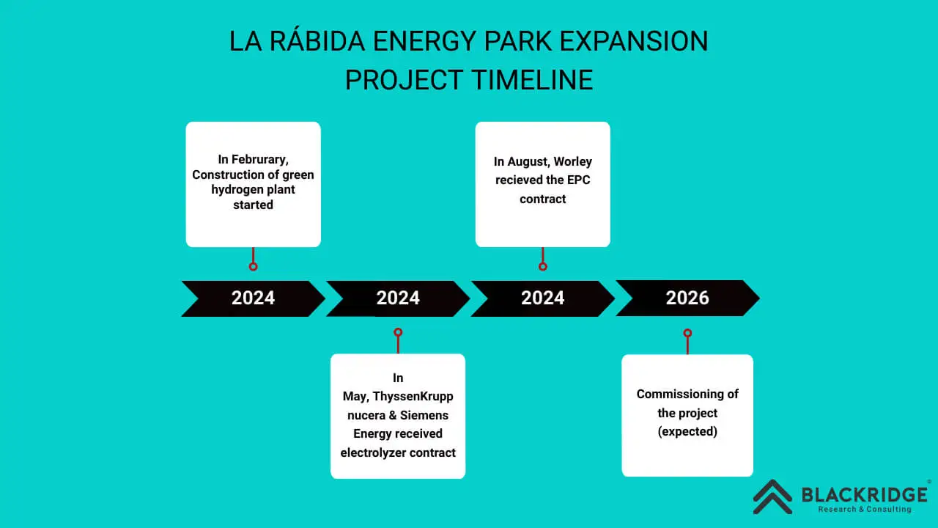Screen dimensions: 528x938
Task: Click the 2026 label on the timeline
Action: pos(687,298)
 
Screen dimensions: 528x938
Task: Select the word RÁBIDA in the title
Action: pos(319,42)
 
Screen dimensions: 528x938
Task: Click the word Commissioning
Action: pos(671,394)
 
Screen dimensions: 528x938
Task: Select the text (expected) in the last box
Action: pos(687,431)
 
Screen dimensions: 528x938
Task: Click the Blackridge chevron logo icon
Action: pos(772,496)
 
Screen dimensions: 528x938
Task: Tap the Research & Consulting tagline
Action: pos(865,509)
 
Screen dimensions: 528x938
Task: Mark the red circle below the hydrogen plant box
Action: pos(253,266)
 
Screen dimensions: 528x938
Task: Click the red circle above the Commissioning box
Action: pos(687,333)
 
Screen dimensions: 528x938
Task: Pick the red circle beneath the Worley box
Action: pos(543,266)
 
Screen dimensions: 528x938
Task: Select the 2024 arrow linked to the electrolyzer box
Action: pos(398,298)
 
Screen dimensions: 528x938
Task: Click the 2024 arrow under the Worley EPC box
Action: pos(543,298)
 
